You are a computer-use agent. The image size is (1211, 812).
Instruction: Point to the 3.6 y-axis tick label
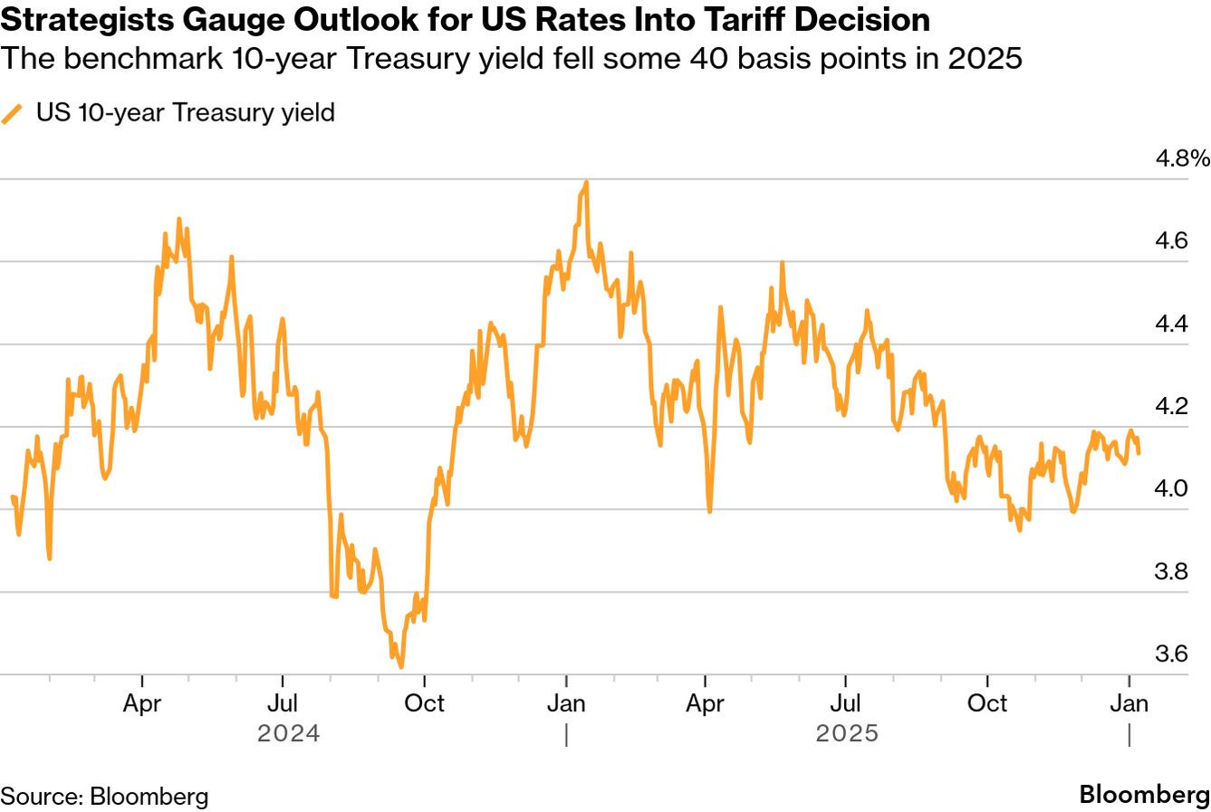coord(1175,654)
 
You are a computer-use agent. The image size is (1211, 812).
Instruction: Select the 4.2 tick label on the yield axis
coord(1175,407)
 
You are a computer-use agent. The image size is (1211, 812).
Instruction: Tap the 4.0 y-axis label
coord(1175,489)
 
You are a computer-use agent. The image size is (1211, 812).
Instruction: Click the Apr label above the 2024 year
coord(142,703)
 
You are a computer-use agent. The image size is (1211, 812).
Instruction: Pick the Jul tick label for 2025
coord(846,703)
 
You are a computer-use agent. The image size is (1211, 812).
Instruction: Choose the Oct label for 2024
coord(424,703)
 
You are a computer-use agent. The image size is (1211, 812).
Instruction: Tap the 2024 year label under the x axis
coord(289,733)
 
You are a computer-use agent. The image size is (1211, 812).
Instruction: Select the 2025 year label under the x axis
coord(848,733)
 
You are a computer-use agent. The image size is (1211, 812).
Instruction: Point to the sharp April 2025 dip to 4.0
coord(709,511)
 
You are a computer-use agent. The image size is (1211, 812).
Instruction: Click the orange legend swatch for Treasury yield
coord(13,114)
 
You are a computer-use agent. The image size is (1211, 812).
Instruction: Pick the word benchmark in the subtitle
coord(130,60)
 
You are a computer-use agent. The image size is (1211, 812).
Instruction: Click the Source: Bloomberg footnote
coord(104,797)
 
